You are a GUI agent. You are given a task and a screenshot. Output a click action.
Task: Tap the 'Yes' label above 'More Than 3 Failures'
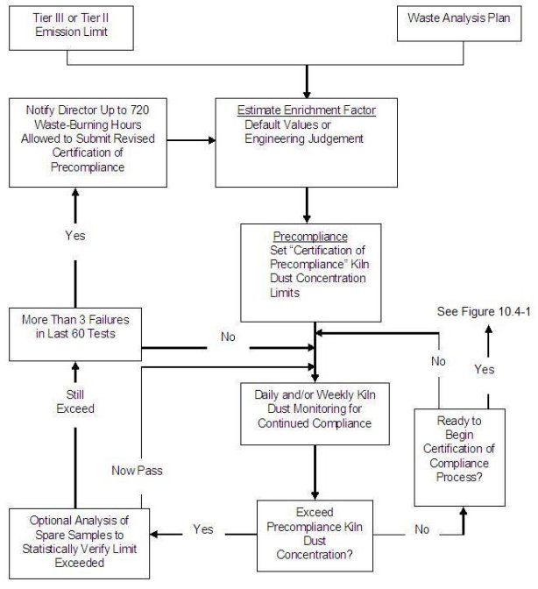pos(75,236)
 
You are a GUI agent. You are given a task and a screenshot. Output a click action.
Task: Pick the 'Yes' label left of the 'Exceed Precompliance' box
pos(203,529)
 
